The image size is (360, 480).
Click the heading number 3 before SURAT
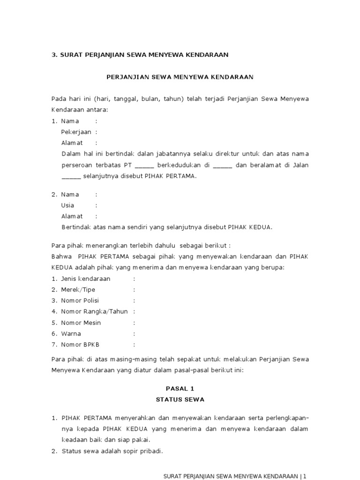click(x=53, y=55)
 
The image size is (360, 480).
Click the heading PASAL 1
click(x=180, y=389)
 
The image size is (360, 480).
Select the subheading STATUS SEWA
click(x=180, y=400)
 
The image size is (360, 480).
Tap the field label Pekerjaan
click(x=76, y=132)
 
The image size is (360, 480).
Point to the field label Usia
click(x=67, y=205)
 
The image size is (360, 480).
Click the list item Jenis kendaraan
click(x=86, y=279)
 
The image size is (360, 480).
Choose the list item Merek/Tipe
click(x=78, y=290)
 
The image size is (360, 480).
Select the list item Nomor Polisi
click(x=80, y=300)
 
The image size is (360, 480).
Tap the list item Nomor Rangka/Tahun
click(x=94, y=312)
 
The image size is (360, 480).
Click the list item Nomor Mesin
click(x=81, y=323)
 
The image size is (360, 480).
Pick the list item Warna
click(x=71, y=334)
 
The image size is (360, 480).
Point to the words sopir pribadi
click(x=139, y=451)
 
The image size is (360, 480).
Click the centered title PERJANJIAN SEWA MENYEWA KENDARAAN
click(x=180, y=77)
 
